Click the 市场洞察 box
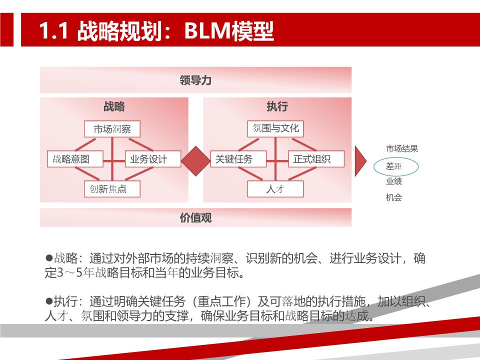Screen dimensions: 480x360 112,129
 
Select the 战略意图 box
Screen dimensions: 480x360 75,159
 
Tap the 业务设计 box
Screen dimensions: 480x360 153,159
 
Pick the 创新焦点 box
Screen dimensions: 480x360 112,189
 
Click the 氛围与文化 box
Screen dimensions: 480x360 275,129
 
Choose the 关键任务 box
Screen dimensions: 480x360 238,159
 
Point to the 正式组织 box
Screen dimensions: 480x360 316,159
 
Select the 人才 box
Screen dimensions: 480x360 275,189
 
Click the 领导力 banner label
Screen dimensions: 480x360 195,80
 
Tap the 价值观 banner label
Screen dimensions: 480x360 195,217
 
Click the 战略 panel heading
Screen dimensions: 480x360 114,106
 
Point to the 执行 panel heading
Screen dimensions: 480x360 277,106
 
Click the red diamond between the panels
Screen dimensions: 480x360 195,161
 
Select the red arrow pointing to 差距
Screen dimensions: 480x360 360,161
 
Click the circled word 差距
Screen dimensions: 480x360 394,166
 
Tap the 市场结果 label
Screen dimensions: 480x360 402,149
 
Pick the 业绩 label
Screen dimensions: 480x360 394,181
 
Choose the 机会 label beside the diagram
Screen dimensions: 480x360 394,197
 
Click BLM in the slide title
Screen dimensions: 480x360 207,30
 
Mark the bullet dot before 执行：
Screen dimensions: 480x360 49,301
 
